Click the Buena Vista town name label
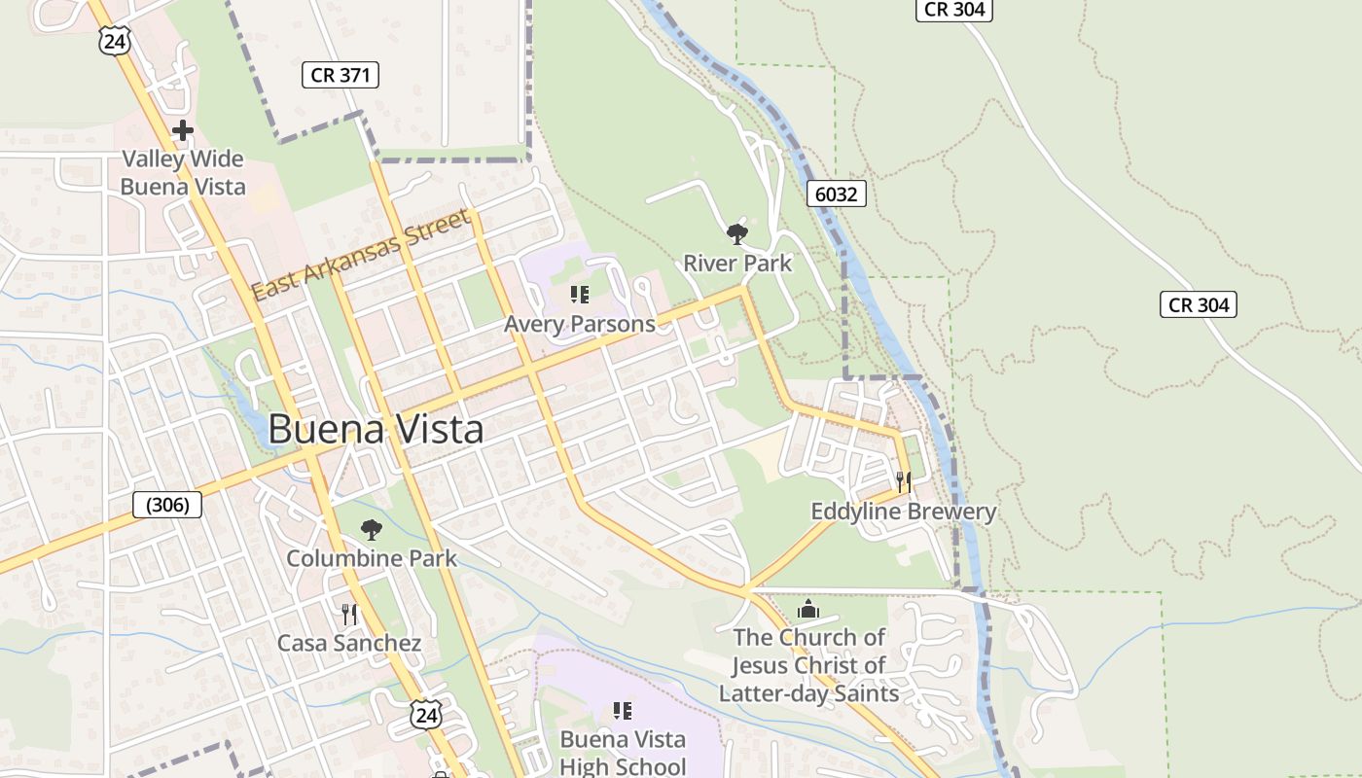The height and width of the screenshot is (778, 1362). point(376,429)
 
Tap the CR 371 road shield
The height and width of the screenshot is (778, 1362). point(340,75)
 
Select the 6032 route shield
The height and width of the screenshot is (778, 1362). point(836,194)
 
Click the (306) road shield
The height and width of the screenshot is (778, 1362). point(167,505)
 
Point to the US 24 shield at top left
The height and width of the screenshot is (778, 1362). point(114,40)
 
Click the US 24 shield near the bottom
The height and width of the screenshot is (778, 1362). point(425,715)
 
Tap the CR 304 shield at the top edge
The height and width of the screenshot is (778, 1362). point(953,10)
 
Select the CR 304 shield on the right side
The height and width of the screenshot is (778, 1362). point(1199,304)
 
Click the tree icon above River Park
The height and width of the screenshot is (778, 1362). point(736,233)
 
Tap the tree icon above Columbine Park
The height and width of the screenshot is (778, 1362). point(371,530)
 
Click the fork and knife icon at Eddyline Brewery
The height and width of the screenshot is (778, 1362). point(903,481)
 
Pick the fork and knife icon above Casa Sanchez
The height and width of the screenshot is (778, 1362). point(349,615)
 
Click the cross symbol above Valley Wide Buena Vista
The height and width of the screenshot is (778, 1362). point(182,130)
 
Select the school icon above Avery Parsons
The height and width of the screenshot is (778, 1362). point(580,295)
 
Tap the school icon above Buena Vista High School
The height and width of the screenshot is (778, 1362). point(623,712)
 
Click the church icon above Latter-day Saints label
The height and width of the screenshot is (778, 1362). point(807,610)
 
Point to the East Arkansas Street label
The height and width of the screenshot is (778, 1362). point(361,256)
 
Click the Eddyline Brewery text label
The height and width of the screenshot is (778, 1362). point(903,512)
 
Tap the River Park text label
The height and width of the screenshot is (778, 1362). point(736,263)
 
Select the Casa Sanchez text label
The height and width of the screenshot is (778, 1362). point(349,643)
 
